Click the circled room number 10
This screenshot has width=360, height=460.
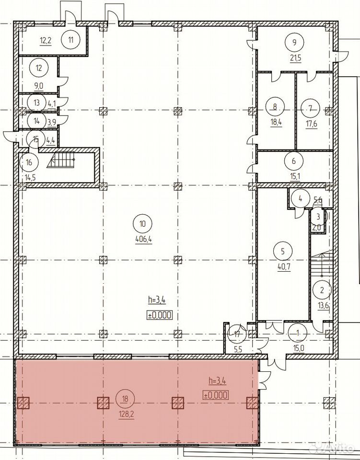[142, 224]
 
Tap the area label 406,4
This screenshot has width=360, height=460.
[143, 240]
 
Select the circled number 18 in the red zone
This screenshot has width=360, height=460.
[126, 399]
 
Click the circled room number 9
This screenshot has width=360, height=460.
[295, 42]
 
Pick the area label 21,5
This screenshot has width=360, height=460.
[295, 58]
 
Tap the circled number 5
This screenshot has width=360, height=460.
[282, 252]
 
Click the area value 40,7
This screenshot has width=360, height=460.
[284, 267]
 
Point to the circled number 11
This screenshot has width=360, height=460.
[71, 40]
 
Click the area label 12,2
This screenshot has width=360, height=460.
[46, 40]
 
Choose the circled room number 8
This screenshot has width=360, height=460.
[275, 107]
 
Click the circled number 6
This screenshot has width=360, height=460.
[294, 161]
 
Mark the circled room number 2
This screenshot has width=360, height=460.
[322, 290]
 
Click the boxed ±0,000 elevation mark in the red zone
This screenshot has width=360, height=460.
[216, 395]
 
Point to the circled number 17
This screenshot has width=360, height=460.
[237, 334]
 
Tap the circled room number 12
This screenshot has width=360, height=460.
[39, 68]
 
